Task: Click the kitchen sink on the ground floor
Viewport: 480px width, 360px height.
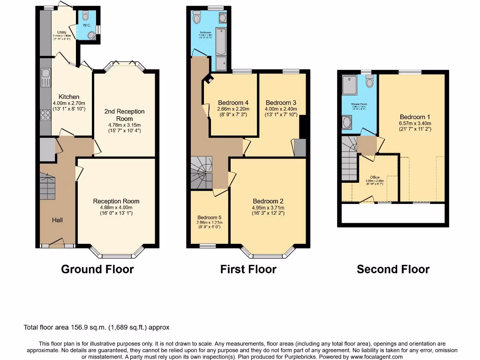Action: (45, 78)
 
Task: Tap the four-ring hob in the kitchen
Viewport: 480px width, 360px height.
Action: (45, 115)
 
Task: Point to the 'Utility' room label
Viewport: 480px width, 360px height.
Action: (62, 32)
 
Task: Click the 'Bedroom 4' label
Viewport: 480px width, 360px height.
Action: (233, 103)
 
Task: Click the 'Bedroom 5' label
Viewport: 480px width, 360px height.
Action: (209, 217)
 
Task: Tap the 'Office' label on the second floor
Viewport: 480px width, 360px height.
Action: (375, 177)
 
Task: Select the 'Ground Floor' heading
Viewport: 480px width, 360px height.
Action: (97, 269)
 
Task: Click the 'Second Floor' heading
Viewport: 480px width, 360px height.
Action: (393, 269)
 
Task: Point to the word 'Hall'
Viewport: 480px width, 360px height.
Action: (57, 220)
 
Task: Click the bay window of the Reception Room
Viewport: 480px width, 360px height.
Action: (117, 254)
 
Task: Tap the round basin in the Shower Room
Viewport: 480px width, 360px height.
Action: (347, 122)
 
